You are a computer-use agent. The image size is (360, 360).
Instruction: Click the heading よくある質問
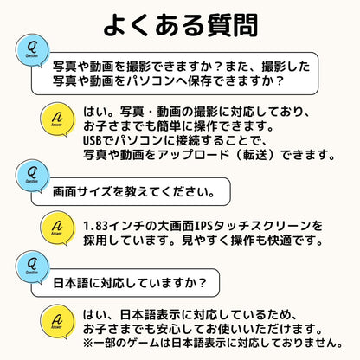[181, 25]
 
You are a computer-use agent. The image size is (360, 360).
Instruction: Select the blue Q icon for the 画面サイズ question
[32, 176]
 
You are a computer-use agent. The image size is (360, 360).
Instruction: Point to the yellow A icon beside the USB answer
[57, 119]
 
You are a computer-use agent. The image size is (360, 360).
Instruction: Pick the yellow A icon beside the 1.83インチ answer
[57, 228]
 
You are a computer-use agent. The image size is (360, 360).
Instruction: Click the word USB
[93, 141]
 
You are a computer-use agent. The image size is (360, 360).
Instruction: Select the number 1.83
[95, 226]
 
